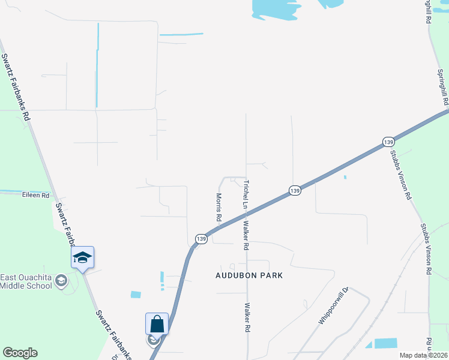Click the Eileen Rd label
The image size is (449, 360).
[35, 195]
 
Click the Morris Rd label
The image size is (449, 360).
[220, 205]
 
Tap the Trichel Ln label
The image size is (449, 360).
[246, 195]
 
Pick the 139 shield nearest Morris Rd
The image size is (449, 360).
[201, 239]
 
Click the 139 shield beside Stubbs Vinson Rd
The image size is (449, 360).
[388, 142]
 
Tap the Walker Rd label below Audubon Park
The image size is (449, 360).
[247, 318]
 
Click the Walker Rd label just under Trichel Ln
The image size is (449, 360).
[246, 236]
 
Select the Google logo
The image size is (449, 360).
[20, 353]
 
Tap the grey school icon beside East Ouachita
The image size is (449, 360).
[61, 280]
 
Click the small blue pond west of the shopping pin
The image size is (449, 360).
[136, 295]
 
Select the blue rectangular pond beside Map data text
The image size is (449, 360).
[385, 343]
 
